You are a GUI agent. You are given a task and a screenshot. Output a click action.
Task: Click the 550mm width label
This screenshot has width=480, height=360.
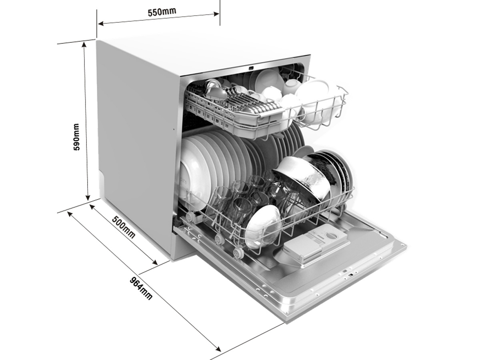point(162,12)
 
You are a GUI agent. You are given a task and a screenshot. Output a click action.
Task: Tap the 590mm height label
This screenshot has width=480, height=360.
point(76,137)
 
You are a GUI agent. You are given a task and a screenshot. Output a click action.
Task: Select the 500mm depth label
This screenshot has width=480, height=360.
point(124,227)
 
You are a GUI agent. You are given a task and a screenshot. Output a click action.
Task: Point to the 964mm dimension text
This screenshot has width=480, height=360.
point(141,288)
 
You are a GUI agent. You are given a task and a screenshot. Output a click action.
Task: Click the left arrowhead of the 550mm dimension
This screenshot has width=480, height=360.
point(100,23)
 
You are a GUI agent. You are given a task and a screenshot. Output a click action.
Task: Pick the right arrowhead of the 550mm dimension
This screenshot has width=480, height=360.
point(216,14)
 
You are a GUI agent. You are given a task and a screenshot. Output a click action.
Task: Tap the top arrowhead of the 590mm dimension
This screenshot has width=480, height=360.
point(84,44)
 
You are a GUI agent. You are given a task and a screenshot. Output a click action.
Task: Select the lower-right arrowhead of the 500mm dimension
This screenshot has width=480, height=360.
point(155,262)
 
